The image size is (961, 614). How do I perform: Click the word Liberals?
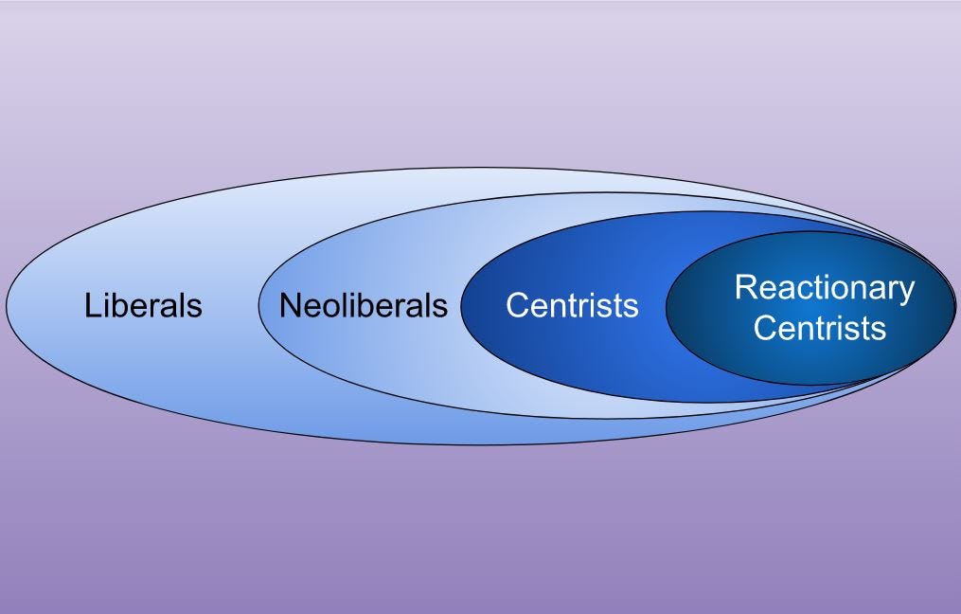tap(143, 306)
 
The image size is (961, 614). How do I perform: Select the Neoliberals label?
tap(363, 306)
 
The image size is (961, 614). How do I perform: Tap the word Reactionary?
tap(825, 288)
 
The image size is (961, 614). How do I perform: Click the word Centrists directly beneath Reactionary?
tap(820, 328)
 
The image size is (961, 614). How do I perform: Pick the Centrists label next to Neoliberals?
tap(572, 306)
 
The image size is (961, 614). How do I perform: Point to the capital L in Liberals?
tap(92, 306)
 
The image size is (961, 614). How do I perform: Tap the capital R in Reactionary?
tap(744, 287)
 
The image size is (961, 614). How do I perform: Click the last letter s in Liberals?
tap(195, 308)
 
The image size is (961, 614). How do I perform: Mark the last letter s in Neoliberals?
tap(440, 308)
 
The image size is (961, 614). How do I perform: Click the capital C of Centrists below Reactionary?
tap(764, 328)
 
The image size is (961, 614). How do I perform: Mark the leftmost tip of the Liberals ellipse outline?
tap(7, 305)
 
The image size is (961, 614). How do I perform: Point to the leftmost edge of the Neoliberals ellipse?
tap(258, 306)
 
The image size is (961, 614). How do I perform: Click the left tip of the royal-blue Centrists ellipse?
tap(461, 307)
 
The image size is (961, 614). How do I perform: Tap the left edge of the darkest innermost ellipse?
tap(667, 307)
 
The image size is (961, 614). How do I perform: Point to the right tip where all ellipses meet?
tap(954, 305)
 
